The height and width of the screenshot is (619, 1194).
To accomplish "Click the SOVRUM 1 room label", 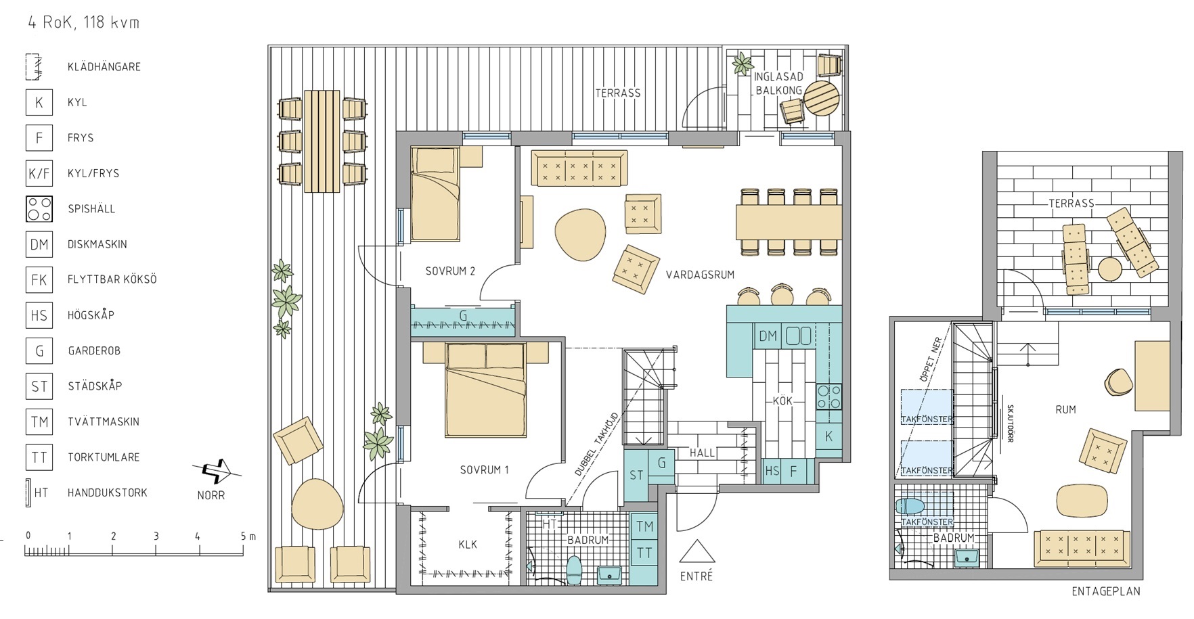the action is coord(484,469).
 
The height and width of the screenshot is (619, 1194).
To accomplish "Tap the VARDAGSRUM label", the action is coord(700,275).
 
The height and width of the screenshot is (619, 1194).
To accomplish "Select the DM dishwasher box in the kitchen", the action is coord(768,336).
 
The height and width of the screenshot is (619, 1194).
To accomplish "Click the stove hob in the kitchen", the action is coord(829,396).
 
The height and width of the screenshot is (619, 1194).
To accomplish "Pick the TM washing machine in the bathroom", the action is coord(644,526).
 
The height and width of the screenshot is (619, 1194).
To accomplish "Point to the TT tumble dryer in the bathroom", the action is coord(644,553).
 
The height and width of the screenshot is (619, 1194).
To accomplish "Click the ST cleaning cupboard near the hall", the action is coord(636,476).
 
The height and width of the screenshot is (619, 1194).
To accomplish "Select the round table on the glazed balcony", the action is coord(821,100).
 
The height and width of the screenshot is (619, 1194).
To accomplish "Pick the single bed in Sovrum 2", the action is coord(435,195).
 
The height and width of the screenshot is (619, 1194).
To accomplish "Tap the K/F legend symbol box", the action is coord(39,174).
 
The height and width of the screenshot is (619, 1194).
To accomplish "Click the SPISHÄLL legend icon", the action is coord(39,209).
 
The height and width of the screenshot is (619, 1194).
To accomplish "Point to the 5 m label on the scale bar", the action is coord(248,536).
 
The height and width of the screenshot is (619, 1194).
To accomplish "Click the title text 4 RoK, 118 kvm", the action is coord(84,22).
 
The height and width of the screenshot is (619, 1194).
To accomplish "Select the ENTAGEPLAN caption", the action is coord(1106,591).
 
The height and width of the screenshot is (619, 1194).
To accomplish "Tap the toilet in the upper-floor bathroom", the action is coord(910,506).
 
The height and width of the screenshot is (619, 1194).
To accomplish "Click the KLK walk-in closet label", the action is coord(468,545).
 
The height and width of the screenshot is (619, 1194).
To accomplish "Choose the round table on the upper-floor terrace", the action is coord(1111,269).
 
